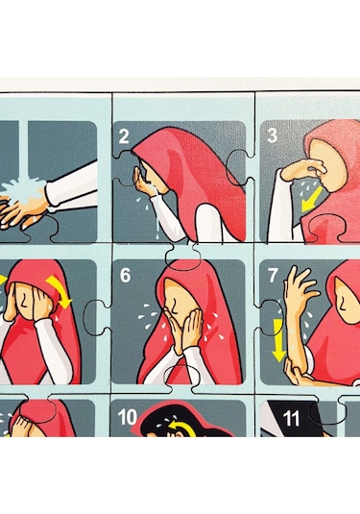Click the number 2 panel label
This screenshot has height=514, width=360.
coord(124,135)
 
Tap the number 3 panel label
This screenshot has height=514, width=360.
coord(272,135)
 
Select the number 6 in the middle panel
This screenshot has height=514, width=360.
coord(125,276)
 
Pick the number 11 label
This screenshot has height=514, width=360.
coord(292,419)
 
